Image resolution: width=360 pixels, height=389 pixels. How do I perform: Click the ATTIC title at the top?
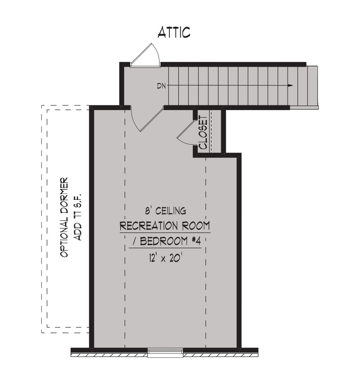click(174, 33)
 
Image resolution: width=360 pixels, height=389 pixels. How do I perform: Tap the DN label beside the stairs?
click(161, 86)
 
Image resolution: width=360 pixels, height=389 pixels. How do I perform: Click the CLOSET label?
click(203, 133)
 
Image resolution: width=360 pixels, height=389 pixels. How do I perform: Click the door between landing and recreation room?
click(147, 119)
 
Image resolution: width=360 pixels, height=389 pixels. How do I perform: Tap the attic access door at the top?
click(145, 55)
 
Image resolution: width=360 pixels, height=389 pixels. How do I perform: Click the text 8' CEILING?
click(166, 211)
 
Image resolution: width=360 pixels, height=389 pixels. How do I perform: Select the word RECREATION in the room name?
click(149, 226)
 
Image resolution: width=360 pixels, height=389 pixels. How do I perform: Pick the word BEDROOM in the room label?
click(164, 241)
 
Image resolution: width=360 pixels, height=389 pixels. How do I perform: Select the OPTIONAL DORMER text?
click(64, 217)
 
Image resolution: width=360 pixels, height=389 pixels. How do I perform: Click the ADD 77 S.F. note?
click(78, 217)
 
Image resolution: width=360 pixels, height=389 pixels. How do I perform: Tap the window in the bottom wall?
click(165, 352)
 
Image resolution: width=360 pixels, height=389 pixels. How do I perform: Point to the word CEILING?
click(171, 211)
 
